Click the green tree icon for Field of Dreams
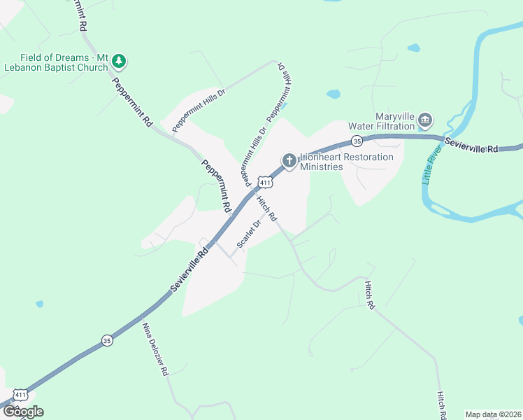tap(120, 62)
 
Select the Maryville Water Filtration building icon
tap(425, 121)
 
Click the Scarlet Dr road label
tap(248, 233)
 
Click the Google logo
tap(23, 412)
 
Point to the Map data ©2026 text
tap(492, 414)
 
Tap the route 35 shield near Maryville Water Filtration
tap(357, 141)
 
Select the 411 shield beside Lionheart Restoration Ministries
tap(265, 183)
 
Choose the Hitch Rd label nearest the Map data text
tap(442, 405)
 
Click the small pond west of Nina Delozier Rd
tap(39, 304)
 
